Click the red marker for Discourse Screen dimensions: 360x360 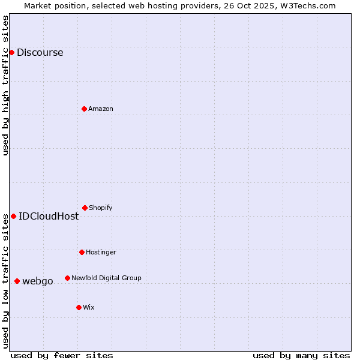coord(11,52)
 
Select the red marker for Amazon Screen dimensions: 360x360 coord(84,109)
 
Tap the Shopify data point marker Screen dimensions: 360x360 coord(85,208)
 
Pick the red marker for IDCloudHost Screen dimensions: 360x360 coord(13,216)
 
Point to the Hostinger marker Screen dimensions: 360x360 coord(82,252)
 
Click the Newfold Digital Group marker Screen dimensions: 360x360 coord(67,278)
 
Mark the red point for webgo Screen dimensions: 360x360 coord(17,281)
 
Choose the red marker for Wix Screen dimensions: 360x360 coord(79,307)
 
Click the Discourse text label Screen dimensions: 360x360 coord(40,52)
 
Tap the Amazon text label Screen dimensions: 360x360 coord(101,109)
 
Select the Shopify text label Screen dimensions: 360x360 coord(101,208)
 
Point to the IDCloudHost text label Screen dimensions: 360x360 coord(49,216)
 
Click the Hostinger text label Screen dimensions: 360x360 coord(101,252)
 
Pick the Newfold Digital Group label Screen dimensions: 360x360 coord(106,278)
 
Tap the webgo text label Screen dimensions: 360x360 coord(38,281)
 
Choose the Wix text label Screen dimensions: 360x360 coord(89,307)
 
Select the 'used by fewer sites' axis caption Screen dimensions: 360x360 coord(62,355)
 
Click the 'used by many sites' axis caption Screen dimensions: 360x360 coord(301,355)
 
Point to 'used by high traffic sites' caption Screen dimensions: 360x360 coord(5,85)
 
